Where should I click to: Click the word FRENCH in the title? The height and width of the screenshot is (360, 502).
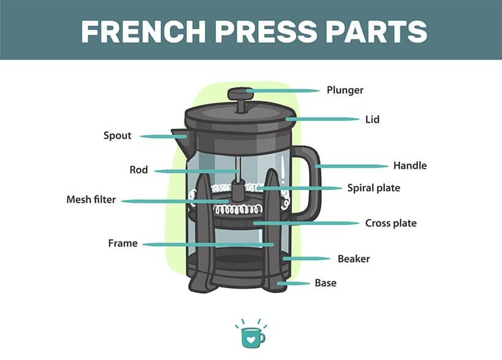[x=143, y=31]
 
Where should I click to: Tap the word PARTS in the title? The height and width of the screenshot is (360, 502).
[x=376, y=31]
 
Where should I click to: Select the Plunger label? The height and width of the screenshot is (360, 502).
[x=345, y=90]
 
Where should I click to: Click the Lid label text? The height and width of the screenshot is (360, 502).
[x=372, y=120]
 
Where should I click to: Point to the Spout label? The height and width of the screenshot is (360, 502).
[x=117, y=136]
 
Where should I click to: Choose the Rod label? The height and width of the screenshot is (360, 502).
[x=139, y=170]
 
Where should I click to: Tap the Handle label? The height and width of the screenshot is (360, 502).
[x=410, y=166]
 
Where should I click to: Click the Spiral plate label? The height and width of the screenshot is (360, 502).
[x=374, y=188]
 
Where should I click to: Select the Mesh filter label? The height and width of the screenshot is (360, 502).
[x=91, y=199]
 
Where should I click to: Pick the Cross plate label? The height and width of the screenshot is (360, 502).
[x=391, y=223]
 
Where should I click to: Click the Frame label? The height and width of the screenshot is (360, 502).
[x=123, y=243]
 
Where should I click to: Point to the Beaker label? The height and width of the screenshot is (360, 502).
[x=354, y=259]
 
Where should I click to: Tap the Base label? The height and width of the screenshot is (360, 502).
[x=325, y=283]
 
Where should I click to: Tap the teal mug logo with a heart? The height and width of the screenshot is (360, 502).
[x=253, y=338]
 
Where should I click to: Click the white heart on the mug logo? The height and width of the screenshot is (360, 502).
[x=251, y=339]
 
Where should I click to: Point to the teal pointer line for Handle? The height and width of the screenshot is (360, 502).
[x=352, y=166]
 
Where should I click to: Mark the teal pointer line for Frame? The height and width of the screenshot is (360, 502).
[x=208, y=244]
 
